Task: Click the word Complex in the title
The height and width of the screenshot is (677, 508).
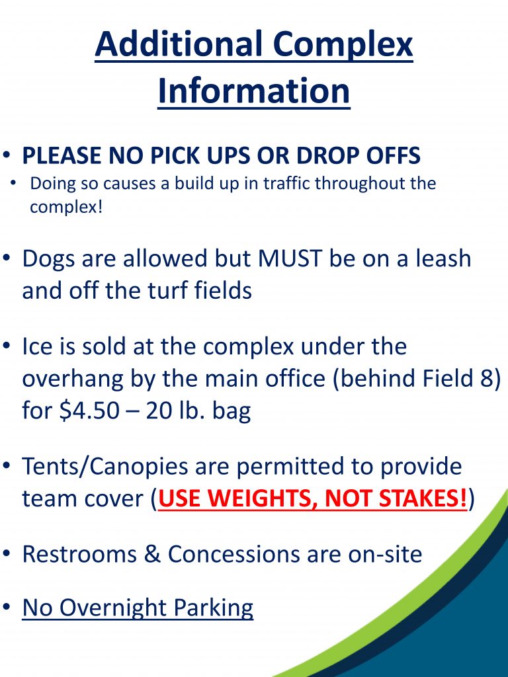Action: click(x=343, y=45)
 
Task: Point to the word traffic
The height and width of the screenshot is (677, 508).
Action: click(x=286, y=183)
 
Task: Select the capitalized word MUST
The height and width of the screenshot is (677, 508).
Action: click(x=290, y=259)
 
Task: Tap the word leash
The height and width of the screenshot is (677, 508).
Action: click(x=443, y=258)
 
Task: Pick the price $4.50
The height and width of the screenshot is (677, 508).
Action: click(x=89, y=410)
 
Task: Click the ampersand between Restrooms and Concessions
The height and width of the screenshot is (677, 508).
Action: click(x=152, y=554)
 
